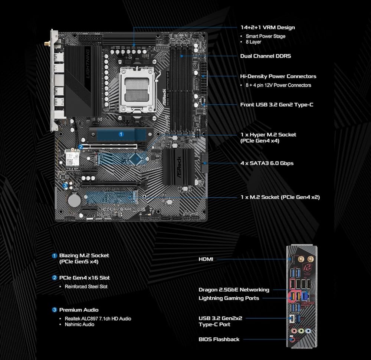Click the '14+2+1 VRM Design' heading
(x=267, y=27)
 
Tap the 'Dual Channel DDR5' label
(x=266, y=56)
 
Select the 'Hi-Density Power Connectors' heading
(x=278, y=76)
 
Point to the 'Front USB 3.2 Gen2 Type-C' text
(x=277, y=105)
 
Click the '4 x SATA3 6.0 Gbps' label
(x=267, y=163)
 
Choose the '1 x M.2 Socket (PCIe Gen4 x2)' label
(x=280, y=197)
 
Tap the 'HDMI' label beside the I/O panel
(x=206, y=259)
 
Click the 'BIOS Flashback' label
(x=219, y=340)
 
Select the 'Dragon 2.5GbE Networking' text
(x=234, y=290)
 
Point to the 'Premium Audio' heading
(x=79, y=310)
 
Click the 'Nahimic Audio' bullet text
(x=79, y=324)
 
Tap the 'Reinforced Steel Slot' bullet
(x=86, y=287)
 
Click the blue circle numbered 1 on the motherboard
(x=121, y=134)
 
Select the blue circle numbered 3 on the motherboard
(x=65, y=186)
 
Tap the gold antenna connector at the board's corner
(x=47, y=44)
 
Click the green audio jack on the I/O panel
(x=301, y=331)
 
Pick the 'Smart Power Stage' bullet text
(x=266, y=36)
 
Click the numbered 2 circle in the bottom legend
(x=55, y=278)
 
